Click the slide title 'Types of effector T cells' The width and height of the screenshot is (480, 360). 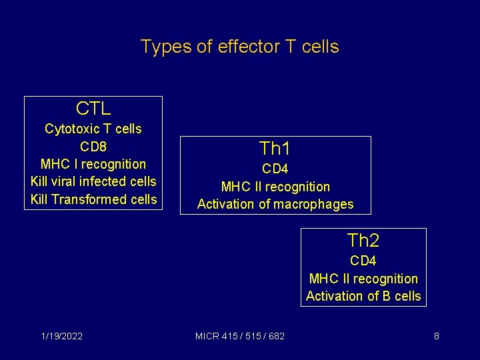click(x=239, y=47)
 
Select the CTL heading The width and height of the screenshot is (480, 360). click(x=93, y=109)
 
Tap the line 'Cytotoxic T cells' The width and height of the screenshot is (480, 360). click(x=93, y=129)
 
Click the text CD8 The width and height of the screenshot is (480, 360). click(x=93, y=146)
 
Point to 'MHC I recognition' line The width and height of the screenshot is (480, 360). click(x=93, y=164)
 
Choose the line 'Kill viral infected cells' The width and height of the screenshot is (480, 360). click(x=93, y=181)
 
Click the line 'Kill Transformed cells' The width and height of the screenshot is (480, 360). click(x=93, y=199)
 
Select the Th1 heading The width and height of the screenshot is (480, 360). click(x=275, y=149)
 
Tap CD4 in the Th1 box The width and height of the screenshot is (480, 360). click(x=275, y=169)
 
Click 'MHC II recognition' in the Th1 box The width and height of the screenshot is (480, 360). click(x=275, y=187)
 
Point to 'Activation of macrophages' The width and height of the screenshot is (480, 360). click(x=275, y=204)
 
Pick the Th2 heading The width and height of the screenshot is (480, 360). click(x=363, y=241)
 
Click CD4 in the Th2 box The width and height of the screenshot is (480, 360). click(x=363, y=261)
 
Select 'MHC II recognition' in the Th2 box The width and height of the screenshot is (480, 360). click(x=363, y=279)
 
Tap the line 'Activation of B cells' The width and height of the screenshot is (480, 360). click(x=363, y=296)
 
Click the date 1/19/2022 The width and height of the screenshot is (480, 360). click(x=61, y=336)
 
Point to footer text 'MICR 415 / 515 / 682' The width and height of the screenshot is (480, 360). click(x=240, y=336)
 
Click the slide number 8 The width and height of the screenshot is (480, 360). click(x=436, y=336)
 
